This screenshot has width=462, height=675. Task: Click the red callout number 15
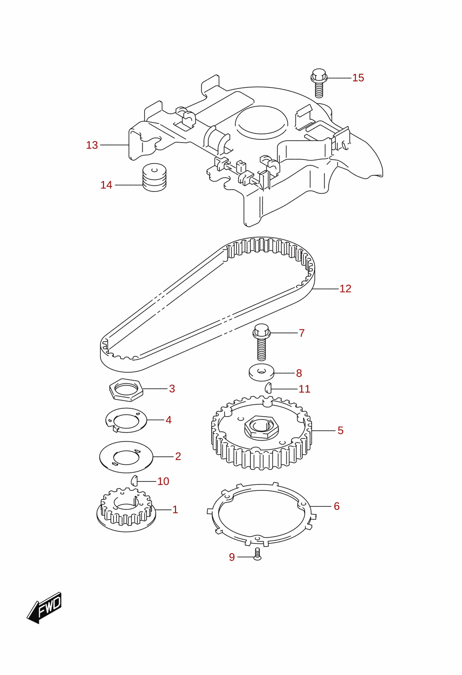tap(358, 78)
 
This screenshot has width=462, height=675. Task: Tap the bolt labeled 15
tap(319, 83)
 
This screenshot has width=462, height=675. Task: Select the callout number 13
tap(92, 145)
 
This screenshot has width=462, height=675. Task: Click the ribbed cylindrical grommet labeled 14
tap(154, 177)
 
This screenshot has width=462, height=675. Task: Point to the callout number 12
tap(346, 289)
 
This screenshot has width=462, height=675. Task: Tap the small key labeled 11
tap(268, 388)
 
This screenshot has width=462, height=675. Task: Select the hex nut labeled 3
tap(126, 390)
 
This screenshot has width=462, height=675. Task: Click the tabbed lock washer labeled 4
tap(126, 420)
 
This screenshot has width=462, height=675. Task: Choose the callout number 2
tap(178, 456)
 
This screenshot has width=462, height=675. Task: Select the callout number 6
tap(337, 506)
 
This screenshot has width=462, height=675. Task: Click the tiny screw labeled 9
tap(257, 554)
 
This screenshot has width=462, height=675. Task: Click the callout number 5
tap(340, 430)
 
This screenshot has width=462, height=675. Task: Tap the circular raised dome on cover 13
tap(261, 122)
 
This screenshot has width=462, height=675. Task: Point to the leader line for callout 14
tap(128, 185)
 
